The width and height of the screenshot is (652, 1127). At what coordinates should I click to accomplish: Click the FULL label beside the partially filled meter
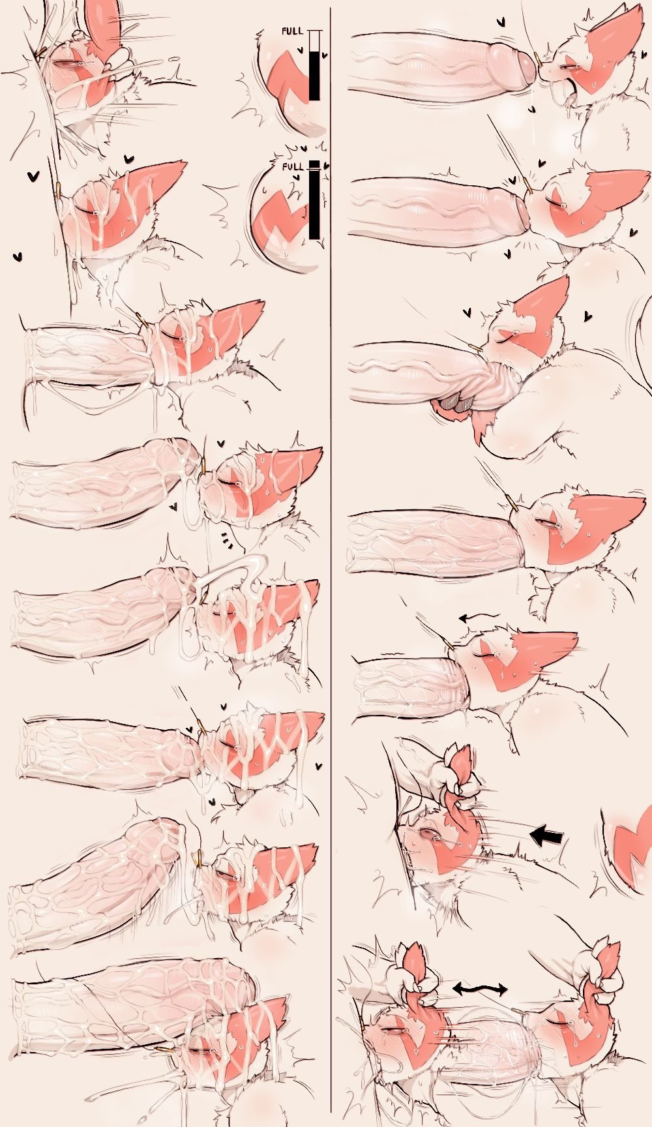click(292, 31)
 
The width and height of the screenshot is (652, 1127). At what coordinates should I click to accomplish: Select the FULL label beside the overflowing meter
click(293, 167)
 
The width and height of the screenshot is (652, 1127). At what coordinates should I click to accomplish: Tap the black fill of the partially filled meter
click(314, 76)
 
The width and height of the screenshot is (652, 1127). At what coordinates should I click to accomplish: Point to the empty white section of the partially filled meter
click(314, 42)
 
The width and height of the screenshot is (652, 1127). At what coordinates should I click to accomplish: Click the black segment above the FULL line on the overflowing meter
click(315, 164)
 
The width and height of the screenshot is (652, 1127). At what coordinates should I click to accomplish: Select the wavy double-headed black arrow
click(480, 989)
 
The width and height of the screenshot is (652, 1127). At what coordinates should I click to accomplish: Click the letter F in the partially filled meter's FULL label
click(284, 31)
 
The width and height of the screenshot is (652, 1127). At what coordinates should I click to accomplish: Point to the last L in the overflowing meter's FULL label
click(301, 167)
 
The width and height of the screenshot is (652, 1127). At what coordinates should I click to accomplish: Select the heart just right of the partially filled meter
click(325, 56)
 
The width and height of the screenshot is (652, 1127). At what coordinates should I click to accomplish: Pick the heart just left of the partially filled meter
click(300, 50)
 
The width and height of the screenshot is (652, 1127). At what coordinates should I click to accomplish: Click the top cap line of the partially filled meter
click(315, 31)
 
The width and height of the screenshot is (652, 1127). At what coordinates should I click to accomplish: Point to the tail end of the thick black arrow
click(562, 835)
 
